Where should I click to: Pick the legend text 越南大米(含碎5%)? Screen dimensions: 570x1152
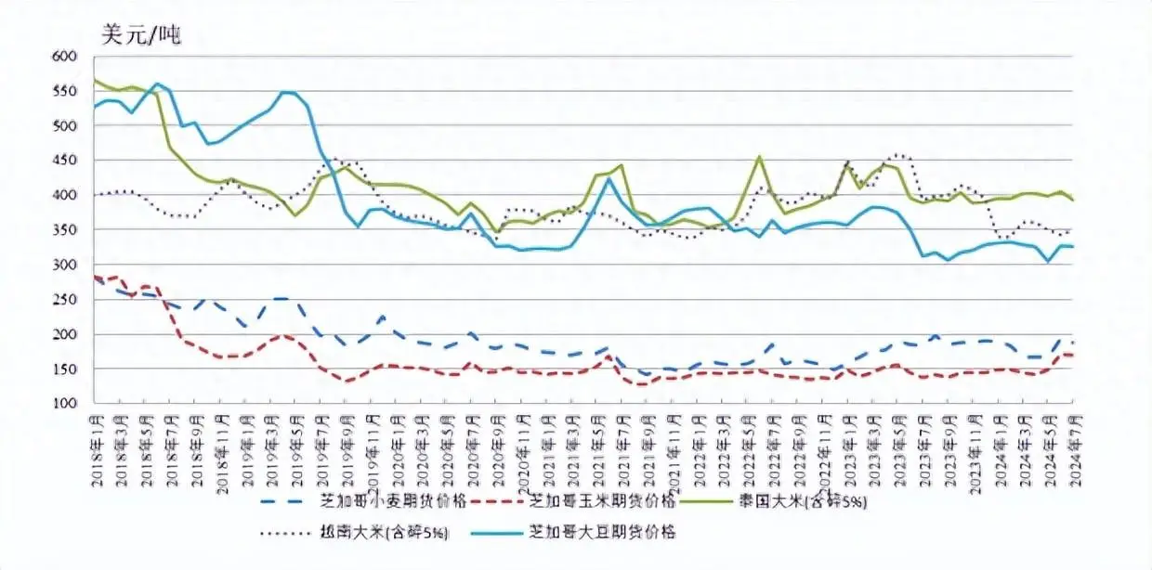point(393,533)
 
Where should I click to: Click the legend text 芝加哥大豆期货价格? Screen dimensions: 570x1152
point(601,533)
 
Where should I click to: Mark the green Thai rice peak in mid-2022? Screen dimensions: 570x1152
point(760,157)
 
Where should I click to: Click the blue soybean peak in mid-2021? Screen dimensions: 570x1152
point(609,178)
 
